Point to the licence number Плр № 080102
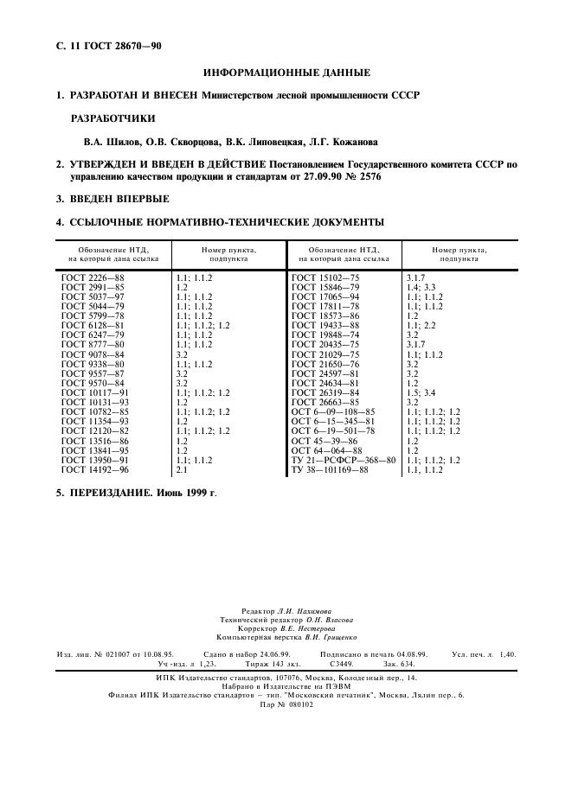pos(286,704)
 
